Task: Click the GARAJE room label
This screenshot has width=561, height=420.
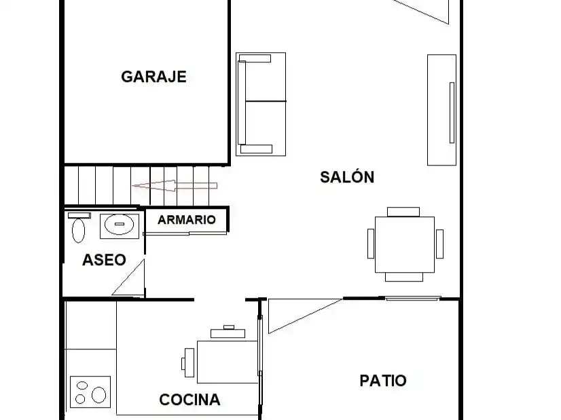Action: point(154,77)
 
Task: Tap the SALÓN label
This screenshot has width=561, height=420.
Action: point(347,177)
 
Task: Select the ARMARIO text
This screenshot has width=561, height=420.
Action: point(186,219)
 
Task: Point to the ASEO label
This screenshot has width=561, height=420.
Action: point(104,260)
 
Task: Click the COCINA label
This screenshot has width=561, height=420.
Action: point(189,400)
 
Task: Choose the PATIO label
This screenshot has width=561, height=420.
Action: point(383,381)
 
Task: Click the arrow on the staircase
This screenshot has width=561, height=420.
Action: point(175,185)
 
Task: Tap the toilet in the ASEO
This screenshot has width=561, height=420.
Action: point(79,228)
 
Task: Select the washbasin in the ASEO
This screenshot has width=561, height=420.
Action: point(120,225)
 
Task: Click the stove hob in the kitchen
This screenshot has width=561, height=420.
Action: point(90,392)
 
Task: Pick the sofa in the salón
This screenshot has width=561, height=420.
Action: point(261,104)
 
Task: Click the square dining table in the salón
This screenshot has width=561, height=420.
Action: point(405,244)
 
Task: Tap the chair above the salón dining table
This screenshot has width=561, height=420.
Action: point(403,212)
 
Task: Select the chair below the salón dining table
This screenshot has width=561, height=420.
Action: point(404,277)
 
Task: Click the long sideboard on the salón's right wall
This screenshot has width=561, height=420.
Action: point(442,110)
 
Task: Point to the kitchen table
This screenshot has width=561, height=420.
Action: point(228,362)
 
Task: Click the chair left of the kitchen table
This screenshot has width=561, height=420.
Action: point(189,363)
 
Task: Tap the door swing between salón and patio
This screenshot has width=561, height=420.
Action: point(305,316)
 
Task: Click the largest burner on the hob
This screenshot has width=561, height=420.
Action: point(98,395)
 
